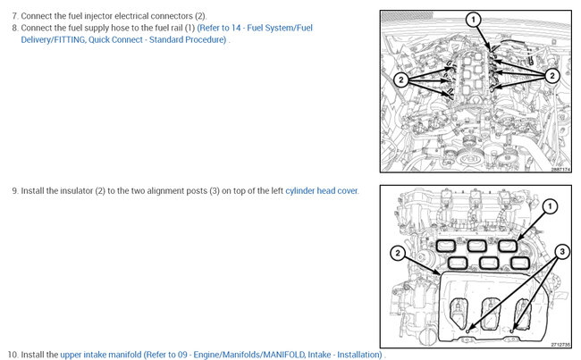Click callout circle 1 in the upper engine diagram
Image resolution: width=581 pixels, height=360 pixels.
click(x=473, y=20)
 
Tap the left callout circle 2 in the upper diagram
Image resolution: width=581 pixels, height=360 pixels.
click(x=401, y=80)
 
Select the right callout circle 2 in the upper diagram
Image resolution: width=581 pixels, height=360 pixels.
click(x=552, y=76)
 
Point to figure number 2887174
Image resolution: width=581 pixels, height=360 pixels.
click(x=560, y=169)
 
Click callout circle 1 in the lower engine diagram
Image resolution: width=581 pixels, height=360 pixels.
click(x=550, y=206)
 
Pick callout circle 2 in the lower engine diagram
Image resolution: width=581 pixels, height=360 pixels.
click(x=398, y=253)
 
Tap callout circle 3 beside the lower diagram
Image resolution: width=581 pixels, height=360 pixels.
click(x=562, y=252)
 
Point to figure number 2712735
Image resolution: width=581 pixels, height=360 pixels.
click(x=560, y=345)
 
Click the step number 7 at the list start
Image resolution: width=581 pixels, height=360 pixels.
click(x=15, y=16)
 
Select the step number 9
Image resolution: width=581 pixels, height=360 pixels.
click(x=15, y=191)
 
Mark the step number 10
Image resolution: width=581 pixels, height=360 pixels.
click(x=13, y=355)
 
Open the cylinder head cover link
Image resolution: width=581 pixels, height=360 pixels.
click(x=322, y=191)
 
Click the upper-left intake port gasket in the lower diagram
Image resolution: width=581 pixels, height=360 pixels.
click(x=445, y=246)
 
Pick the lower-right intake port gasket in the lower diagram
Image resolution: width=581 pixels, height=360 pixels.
click(x=520, y=263)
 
